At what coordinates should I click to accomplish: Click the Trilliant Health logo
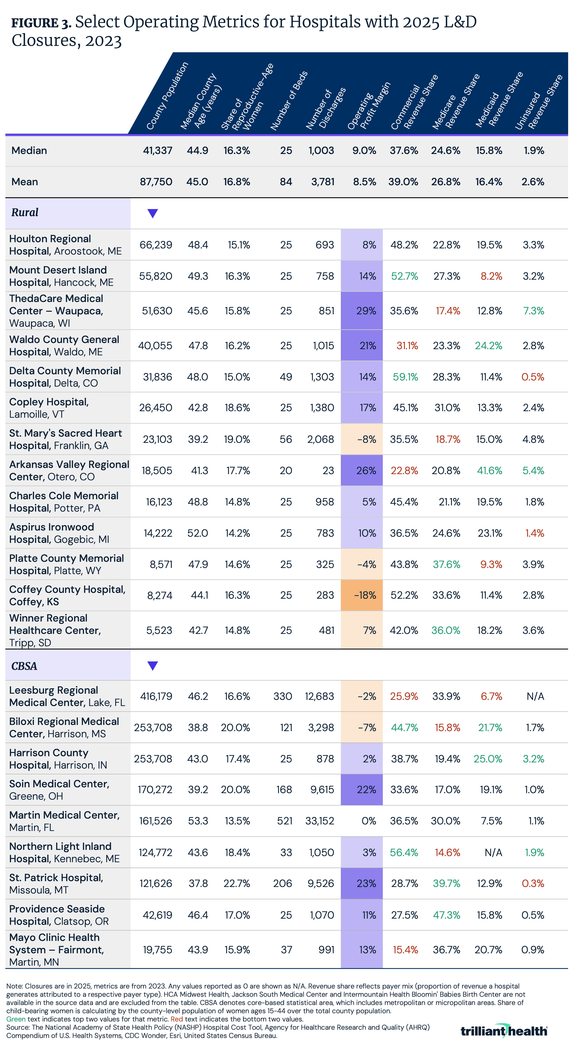[504, 1031]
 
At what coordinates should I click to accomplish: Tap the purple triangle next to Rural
[152, 213]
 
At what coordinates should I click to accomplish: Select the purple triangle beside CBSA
[152, 666]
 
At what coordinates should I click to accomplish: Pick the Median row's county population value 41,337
[157, 151]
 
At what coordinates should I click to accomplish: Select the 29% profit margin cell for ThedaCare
[366, 311]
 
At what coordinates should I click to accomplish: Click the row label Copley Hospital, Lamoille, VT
[49, 408]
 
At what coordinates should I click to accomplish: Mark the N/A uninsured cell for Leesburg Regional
[535, 696]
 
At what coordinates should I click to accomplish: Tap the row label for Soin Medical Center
[59, 790]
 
